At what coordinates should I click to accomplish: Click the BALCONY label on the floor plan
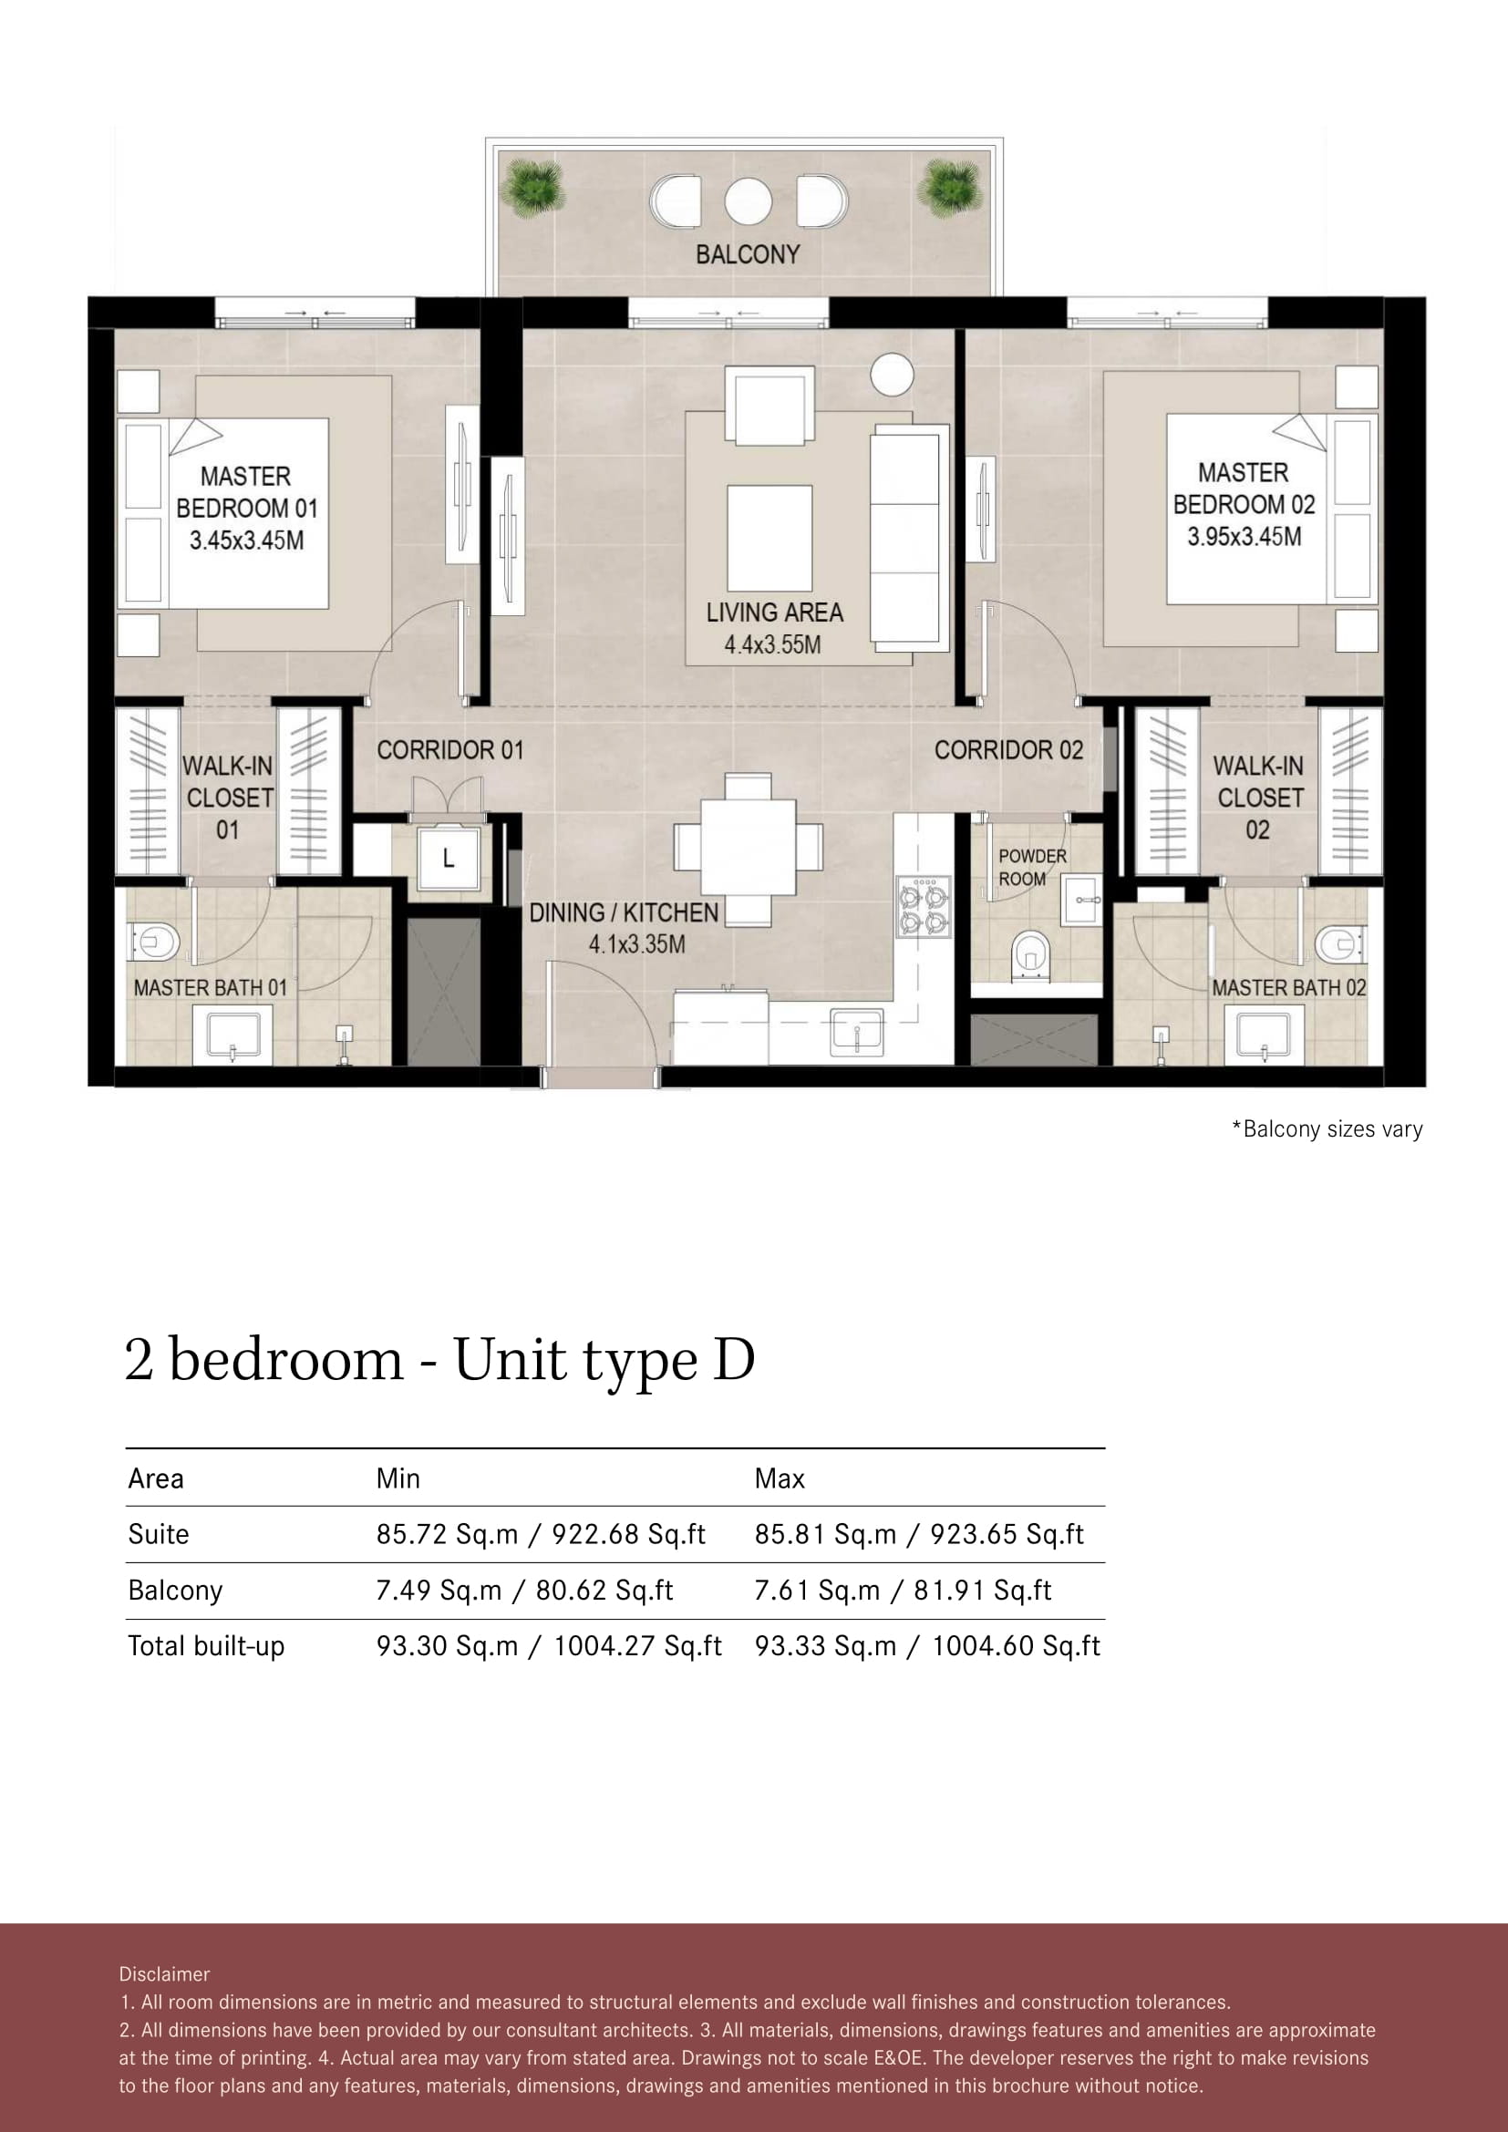(x=748, y=254)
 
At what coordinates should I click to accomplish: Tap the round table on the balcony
(x=748, y=201)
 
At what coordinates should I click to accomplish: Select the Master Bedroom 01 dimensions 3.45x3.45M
(x=247, y=541)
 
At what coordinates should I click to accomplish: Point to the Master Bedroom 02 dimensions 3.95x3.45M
(x=1245, y=537)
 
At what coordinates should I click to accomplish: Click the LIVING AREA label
(x=774, y=613)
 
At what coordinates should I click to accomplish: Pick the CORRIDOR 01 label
(x=450, y=750)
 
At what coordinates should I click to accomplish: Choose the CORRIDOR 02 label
(x=1008, y=750)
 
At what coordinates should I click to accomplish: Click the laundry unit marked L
(x=449, y=857)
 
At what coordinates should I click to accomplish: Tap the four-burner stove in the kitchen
(x=923, y=907)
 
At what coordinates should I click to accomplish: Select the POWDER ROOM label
(x=1032, y=867)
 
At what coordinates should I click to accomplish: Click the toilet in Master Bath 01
(x=154, y=942)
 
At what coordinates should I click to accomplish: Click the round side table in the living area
(x=892, y=376)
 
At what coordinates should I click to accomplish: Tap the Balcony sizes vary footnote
(x=1327, y=1129)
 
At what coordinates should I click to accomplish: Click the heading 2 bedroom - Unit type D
(x=440, y=1360)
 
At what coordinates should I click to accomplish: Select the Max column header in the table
(x=779, y=1478)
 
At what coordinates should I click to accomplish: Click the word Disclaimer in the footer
(x=164, y=1974)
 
